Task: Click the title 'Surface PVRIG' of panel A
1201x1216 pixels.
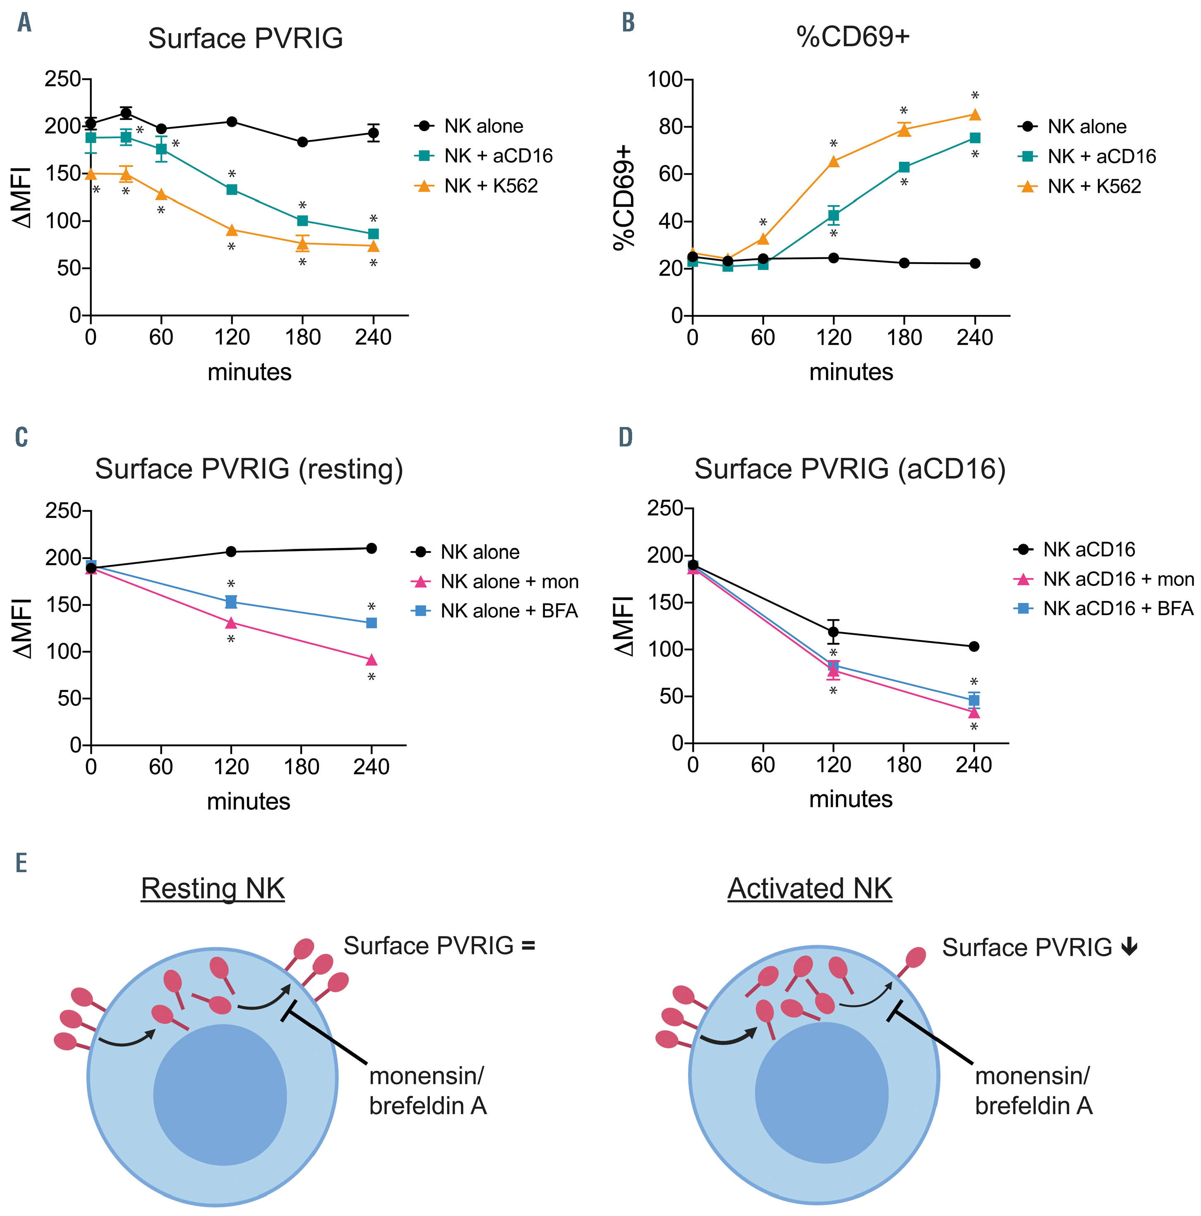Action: [x=245, y=38]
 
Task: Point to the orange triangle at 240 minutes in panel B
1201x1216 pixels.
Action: [x=974, y=115]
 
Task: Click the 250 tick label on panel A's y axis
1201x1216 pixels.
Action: [x=63, y=79]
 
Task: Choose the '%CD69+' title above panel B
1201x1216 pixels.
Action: [x=853, y=37]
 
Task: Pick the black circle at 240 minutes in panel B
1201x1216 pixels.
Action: [x=974, y=264]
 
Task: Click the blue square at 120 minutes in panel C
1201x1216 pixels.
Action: [x=231, y=602]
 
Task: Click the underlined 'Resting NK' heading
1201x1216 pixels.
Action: [x=213, y=889]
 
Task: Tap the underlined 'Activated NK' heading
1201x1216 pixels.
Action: [x=810, y=889]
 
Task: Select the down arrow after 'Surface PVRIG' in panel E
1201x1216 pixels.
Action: [x=1129, y=947]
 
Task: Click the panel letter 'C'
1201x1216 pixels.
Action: [x=22, y=437]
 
